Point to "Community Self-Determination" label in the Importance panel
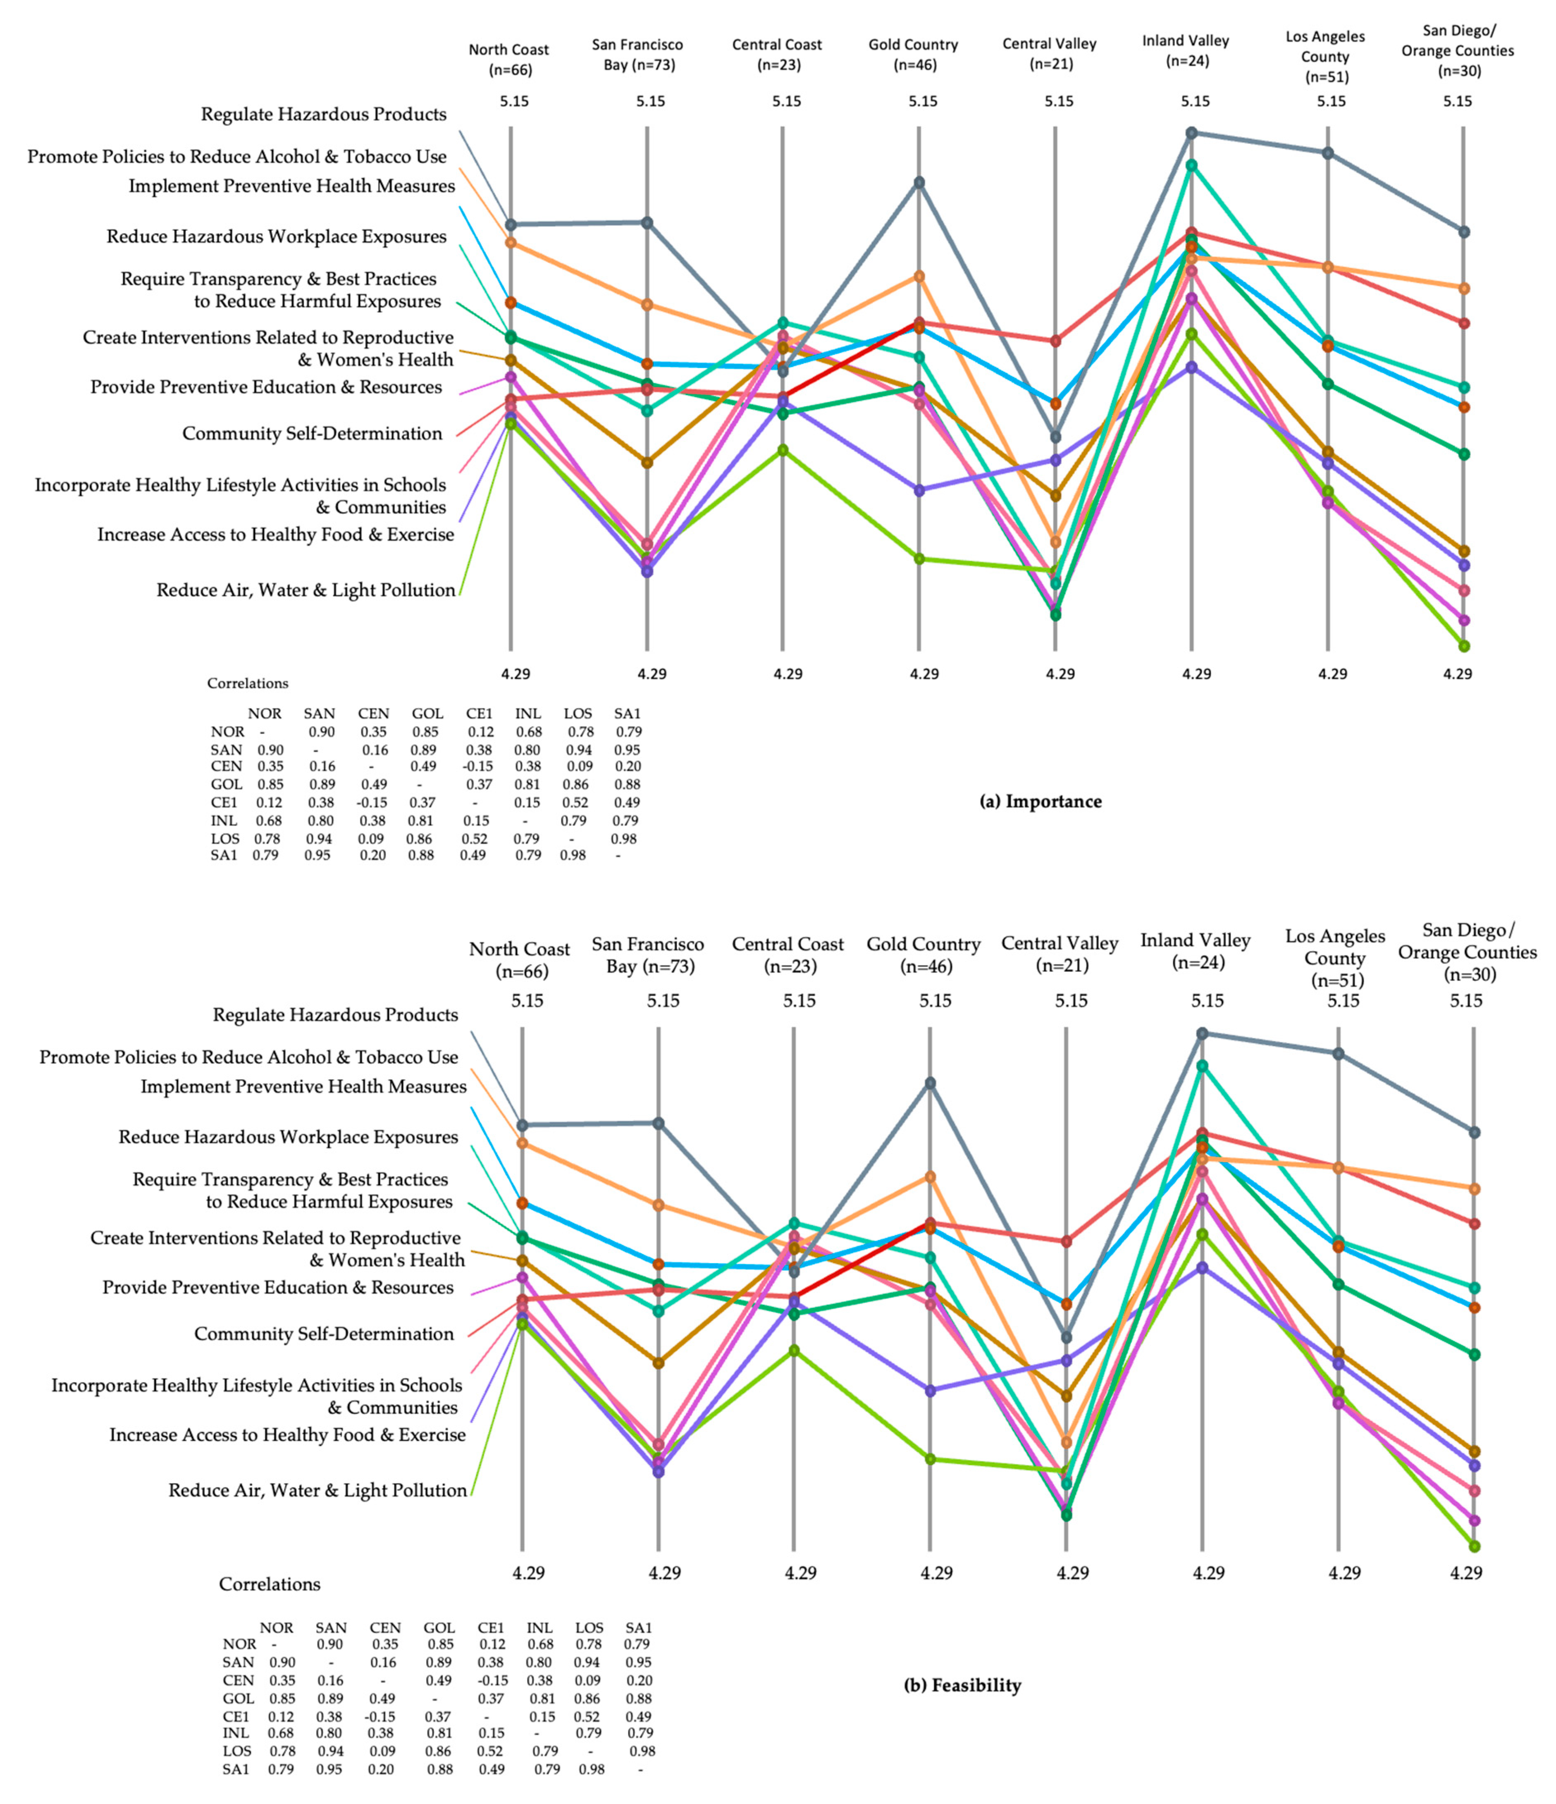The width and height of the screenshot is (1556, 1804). (312, 434)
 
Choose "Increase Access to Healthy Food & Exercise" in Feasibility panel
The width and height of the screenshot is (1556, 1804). (287, 1435)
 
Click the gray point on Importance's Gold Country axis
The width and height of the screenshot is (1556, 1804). (919, 182)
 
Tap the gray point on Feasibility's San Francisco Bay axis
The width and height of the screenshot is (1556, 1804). (658, 1123)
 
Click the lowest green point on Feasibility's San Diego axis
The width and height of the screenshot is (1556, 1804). (1474, 1546)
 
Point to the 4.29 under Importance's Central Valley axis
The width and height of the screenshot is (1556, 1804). (1060, 674)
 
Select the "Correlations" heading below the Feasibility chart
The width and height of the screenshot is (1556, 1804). (269, 1584)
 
